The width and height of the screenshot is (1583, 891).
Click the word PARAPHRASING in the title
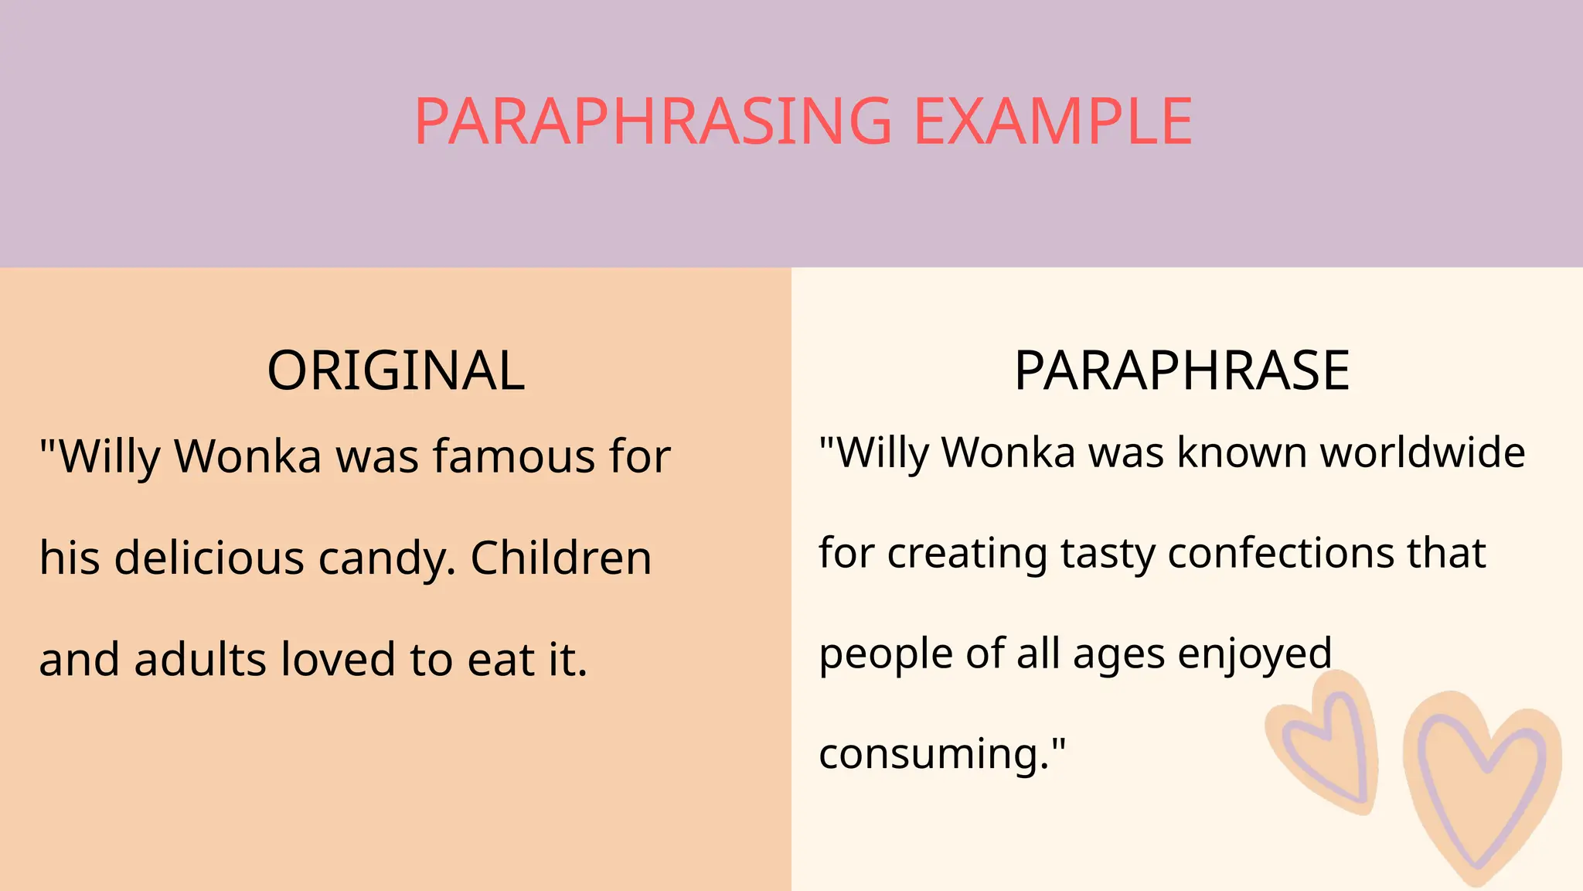point(653,121)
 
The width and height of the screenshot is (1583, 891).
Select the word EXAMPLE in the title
point(1054,121)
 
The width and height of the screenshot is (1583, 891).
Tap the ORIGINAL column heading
point(396,370)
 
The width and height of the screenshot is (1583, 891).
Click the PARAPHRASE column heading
point(1182,370)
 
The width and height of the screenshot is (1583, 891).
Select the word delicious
point(209,558)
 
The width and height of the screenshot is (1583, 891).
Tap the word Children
point(561,558)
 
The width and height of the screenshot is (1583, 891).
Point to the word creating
point(966,554)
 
